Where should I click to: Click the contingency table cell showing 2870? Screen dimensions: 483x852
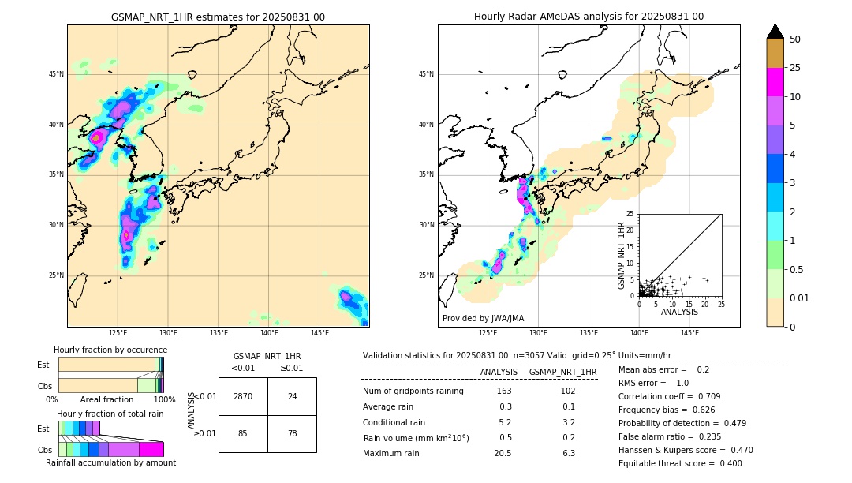[242, 396]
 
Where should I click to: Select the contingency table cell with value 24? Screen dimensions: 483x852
[292, 396]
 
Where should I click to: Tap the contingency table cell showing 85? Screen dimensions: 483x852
[242, 433]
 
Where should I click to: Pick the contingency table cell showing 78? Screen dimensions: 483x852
[292, 433]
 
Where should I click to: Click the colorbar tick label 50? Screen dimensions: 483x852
[795, 39]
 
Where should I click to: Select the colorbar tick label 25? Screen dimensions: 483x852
[795, 68]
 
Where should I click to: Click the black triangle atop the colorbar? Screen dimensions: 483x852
[775, 32]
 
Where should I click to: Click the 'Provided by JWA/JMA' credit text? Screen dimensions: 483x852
[483, 318]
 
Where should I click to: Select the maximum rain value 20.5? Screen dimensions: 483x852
[504, 453]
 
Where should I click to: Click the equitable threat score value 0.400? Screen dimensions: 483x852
[726, 463]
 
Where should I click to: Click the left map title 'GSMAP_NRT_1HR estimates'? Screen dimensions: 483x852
[218, 17]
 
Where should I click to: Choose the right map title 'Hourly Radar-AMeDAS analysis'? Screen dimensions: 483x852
[589, 17]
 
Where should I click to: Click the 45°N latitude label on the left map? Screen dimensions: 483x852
[56, 74]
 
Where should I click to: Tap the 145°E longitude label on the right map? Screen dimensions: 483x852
[689, 333]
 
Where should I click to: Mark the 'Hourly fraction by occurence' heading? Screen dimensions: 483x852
[110, 350]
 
